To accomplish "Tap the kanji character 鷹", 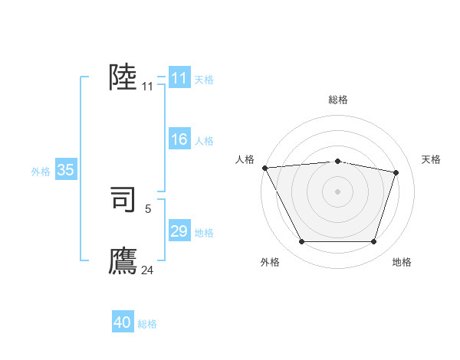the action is tap(123, 260).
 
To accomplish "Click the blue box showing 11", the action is tap(179, 78).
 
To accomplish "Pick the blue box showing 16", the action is tap(179, 139).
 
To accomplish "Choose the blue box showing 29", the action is tap(179, 231).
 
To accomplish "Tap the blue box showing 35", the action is tap(65, 170).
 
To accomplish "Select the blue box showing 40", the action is tap(123, 322).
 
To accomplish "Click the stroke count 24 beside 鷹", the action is tap(148, 270).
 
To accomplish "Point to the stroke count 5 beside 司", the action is tap(148, 208).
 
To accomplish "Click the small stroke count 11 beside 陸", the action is tap(148, 87).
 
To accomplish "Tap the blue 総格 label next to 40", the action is tap(147, 324).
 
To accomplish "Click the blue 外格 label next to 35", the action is tap(41, 172).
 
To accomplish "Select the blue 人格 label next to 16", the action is tap(204, 141).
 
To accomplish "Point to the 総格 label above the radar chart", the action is tap(337, 100).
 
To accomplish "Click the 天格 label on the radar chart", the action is tap(431, 159).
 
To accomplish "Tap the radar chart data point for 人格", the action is tap(264, 168).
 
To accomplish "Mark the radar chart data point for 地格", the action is tap(373, 242).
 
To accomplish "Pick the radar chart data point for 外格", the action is tap(301, 242).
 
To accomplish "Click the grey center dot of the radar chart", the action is tap(337, 191).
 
